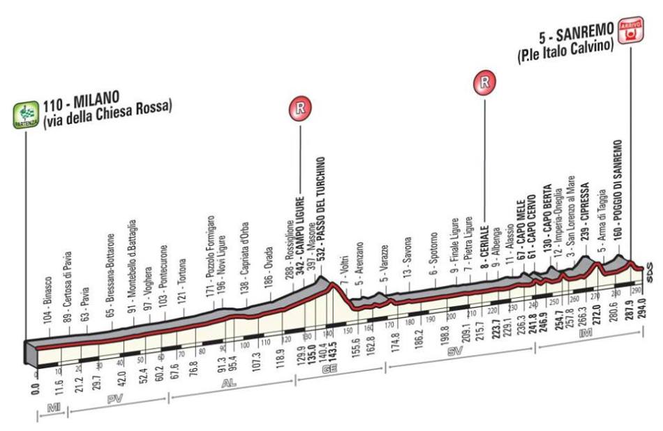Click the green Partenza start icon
pyautogui.click(x=26, y=114)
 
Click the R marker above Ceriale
pyautogui.click(x=484, y=83)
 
